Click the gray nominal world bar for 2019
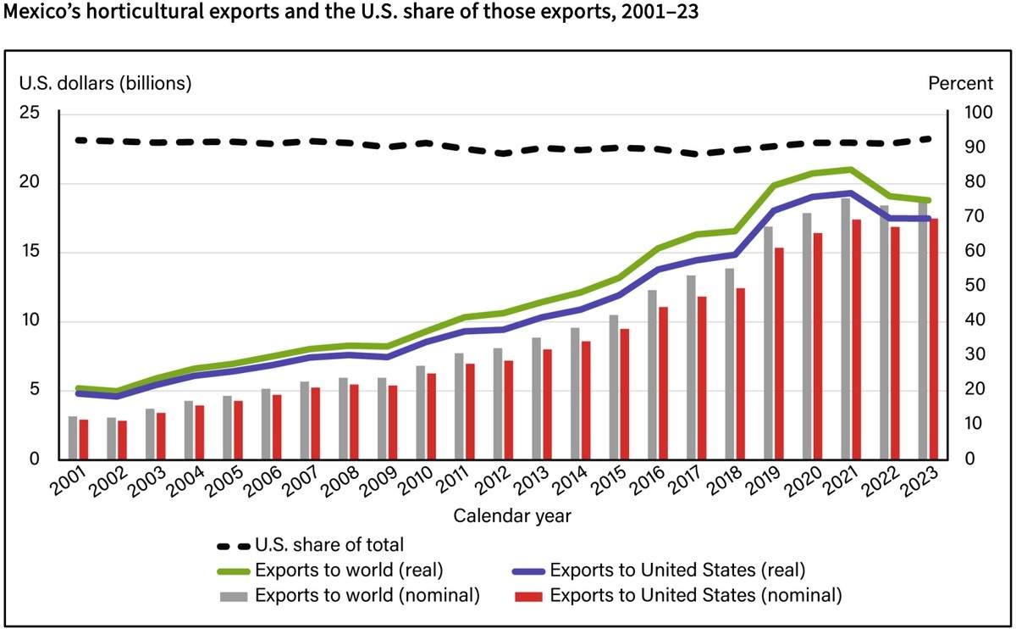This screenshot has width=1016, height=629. tap(768, 343)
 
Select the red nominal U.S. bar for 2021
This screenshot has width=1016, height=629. tap(857, 339)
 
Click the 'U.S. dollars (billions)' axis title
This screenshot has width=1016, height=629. tap(106, 83)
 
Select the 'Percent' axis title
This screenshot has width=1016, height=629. tap(961, 83)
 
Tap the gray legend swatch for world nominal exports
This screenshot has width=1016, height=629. tap(235, 594)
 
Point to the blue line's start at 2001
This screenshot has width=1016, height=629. tap(79, 393)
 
